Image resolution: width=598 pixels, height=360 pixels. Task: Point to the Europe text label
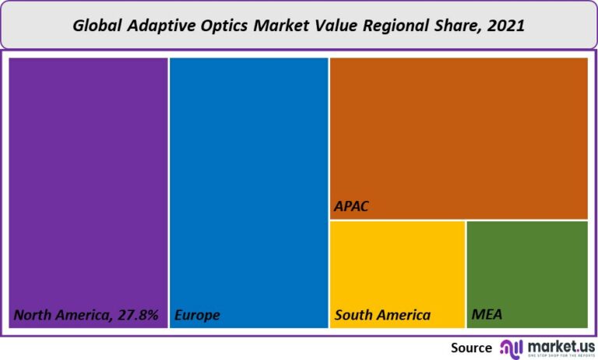point(197,316)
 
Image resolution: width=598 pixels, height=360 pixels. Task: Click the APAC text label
point(350,207)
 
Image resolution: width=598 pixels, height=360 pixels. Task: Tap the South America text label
point(382,316)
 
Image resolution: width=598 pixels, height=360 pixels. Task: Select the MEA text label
point(487,316)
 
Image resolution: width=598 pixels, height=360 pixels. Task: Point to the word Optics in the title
point(231,26)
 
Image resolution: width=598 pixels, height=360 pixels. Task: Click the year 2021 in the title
point(506,26)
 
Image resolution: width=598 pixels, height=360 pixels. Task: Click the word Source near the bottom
point(471,348)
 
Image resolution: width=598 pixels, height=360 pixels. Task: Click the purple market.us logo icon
point(511,348)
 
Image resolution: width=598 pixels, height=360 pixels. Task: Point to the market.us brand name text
point(559,344)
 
